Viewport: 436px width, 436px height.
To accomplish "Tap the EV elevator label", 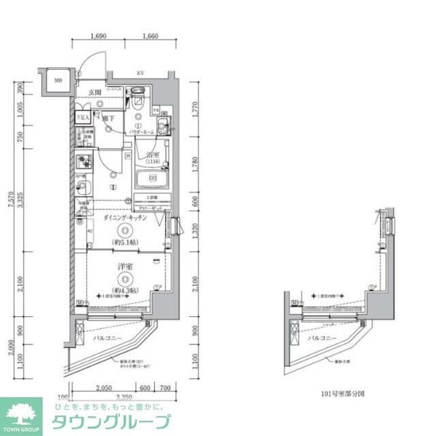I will pos(140,72).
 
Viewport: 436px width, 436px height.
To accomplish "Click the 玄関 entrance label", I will pos(95,92).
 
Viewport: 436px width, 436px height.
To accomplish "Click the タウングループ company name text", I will pos(110,422).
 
